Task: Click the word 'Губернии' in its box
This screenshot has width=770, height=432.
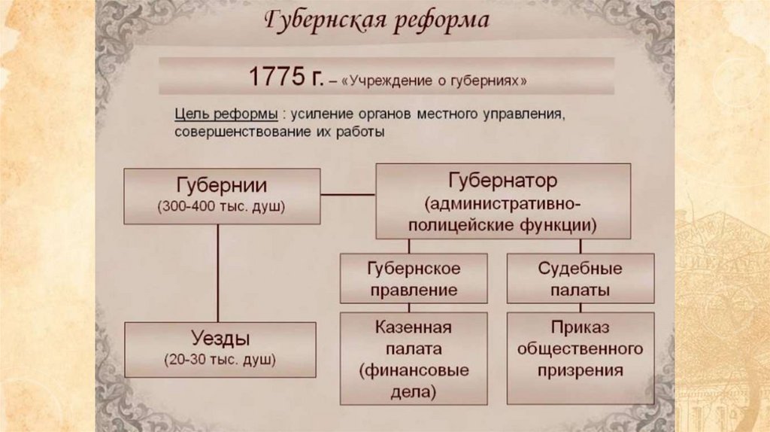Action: coord(222,186)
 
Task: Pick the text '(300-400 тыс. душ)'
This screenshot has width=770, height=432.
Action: coord(222,207)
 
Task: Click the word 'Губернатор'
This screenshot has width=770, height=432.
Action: coord(503,183)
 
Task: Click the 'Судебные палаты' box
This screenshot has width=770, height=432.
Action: coord(580,278)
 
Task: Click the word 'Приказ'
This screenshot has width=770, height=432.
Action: coord(579,328)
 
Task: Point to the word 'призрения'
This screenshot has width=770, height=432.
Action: coord(580,370)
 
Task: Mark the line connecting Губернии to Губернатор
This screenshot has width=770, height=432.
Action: coord(347,194)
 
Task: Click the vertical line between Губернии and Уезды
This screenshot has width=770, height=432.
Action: coord(218,272)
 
